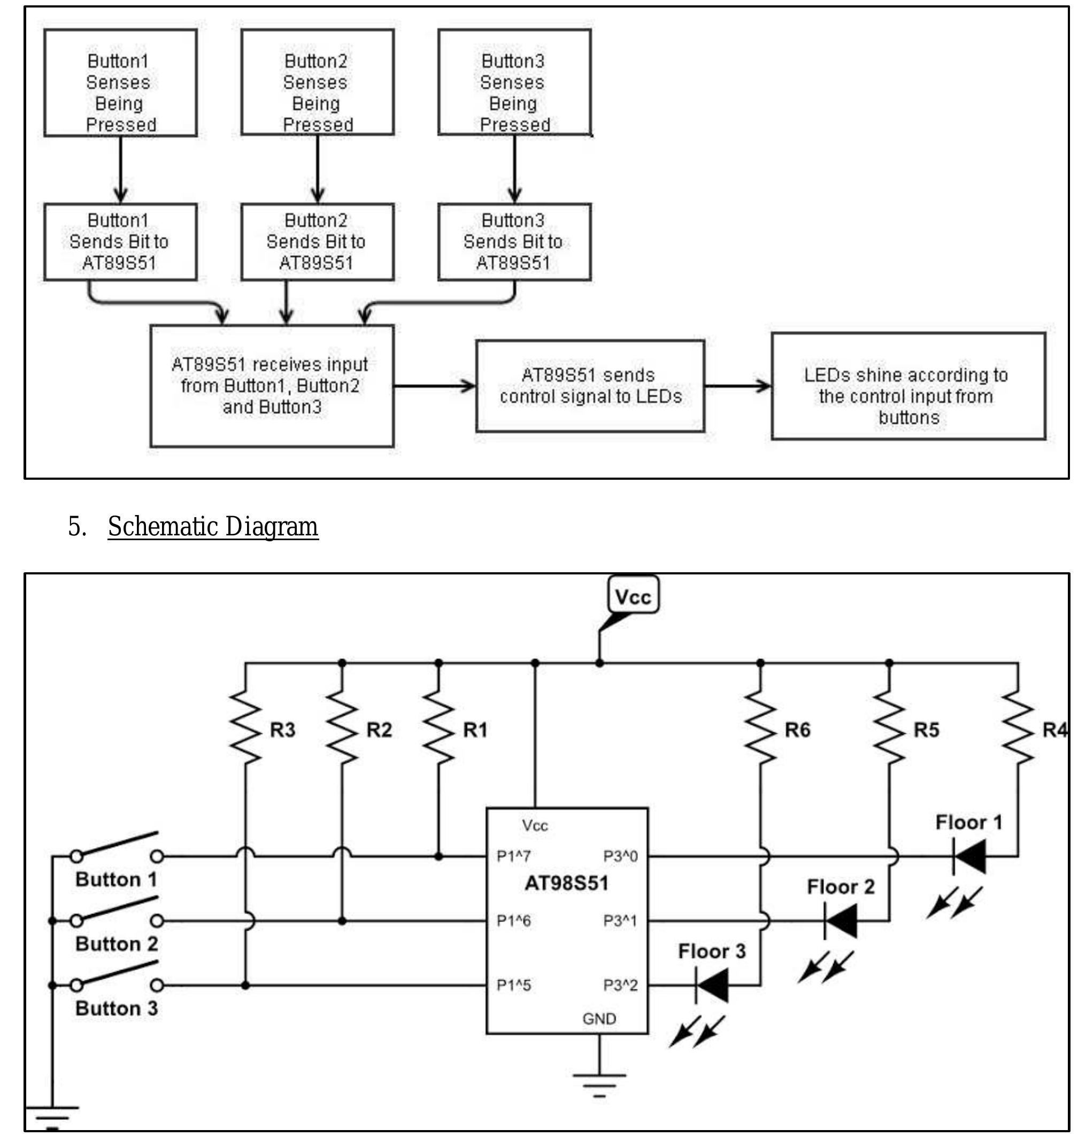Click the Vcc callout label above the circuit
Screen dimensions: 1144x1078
633,597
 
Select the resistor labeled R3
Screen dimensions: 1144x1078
245,728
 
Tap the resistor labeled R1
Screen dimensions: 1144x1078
439,728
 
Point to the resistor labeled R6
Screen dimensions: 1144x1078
760,728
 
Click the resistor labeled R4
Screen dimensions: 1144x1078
1018,728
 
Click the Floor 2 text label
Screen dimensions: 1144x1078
841,887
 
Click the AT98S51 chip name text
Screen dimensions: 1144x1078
567,884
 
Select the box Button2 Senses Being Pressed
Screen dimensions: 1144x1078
318,83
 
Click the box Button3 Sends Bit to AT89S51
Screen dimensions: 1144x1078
514,242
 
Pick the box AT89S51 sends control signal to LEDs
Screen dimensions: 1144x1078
590,386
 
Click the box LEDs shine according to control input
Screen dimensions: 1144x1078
908,386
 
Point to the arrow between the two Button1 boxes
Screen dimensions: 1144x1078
121,170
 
